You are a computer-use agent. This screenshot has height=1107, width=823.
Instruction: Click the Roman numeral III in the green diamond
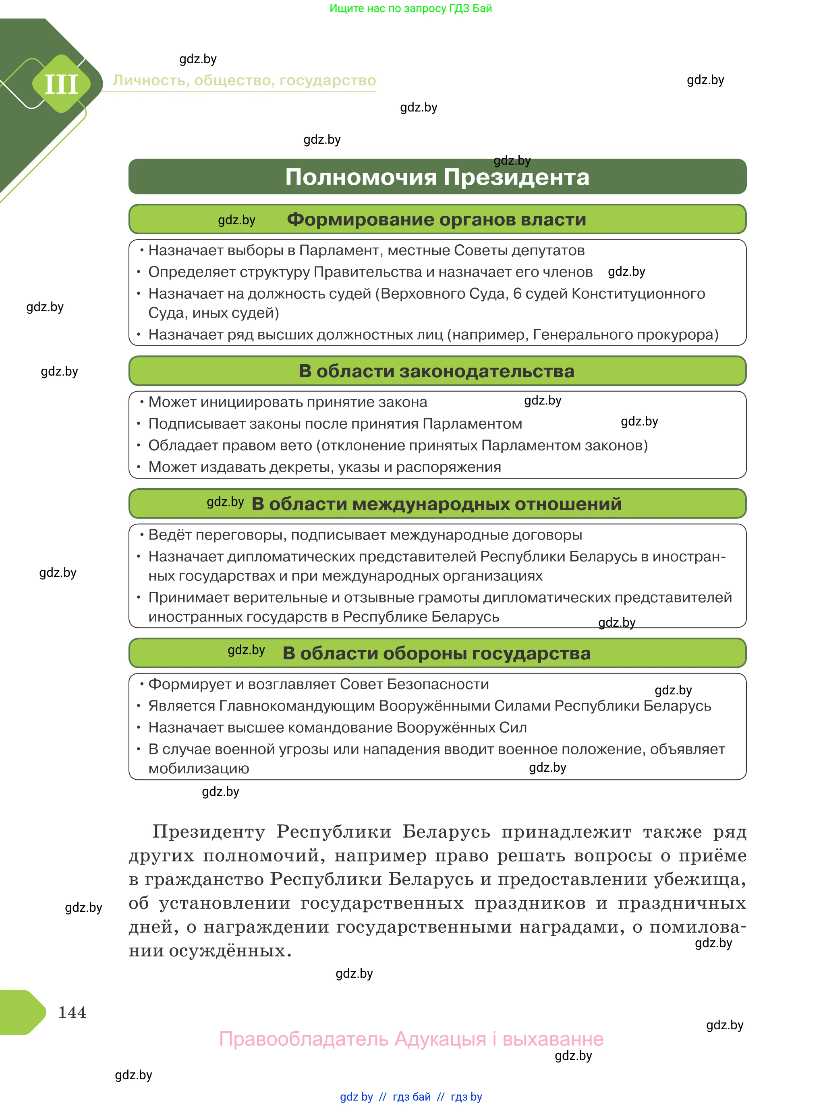[61, 84]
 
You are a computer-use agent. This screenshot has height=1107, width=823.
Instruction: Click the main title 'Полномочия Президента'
[437, 177]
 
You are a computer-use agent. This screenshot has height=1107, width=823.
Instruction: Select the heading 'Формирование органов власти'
[436, 219]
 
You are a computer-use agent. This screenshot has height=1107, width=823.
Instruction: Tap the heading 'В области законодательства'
[436, 371]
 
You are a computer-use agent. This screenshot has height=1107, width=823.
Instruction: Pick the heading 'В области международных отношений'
[436, 504]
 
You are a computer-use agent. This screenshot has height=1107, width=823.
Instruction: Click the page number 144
[72, 1012]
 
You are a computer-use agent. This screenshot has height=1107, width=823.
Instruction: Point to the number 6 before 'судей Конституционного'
[517, 294]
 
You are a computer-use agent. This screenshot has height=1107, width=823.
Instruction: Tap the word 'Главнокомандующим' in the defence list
[297, 706]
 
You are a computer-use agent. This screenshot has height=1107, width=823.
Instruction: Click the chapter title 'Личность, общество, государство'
[244, 81]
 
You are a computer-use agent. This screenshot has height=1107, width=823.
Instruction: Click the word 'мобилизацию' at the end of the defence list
[198, 768]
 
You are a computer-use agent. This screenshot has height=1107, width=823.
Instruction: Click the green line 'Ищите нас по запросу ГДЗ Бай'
[410, 8]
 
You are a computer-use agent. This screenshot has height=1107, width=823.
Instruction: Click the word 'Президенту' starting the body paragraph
[209, 832]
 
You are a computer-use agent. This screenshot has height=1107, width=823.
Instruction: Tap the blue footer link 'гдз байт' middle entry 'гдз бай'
[412, 1097]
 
